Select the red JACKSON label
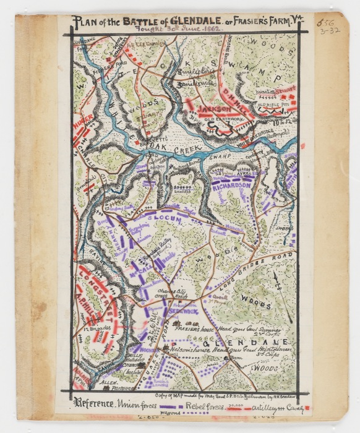214,108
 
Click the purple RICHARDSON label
231,185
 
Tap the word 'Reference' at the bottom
93,405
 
